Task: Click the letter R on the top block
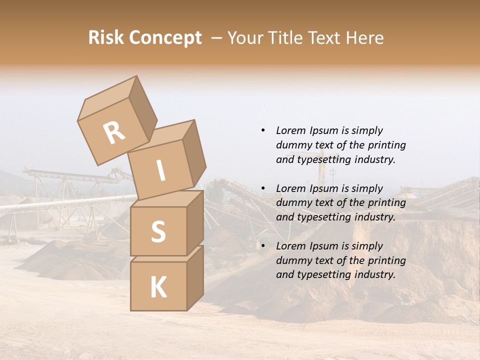pos(114,133)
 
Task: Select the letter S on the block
pos(158,231)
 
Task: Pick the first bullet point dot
pos(263,130)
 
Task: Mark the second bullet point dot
pos(263,188)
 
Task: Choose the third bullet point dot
pos(263,246)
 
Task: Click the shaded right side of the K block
pos(195,278)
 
